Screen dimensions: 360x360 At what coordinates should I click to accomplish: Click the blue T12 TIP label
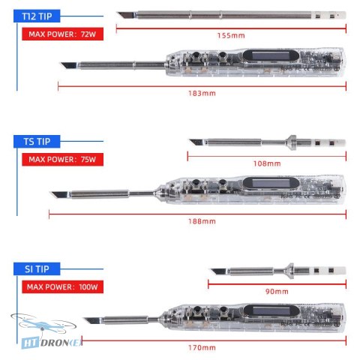[37, 16]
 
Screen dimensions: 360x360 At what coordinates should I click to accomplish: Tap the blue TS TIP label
[37, 141]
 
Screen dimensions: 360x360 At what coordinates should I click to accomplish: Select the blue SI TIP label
[37, 269]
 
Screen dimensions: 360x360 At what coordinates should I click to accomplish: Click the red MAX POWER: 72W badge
[62, 34]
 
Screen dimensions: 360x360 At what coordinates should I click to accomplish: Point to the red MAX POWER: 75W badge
[62, 159]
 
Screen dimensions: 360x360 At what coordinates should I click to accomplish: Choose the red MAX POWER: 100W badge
[62, 286]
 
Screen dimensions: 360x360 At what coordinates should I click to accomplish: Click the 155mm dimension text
[231, 35]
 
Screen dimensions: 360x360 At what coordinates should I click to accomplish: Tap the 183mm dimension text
[202, 94]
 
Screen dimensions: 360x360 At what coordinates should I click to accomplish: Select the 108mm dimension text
[267, 163]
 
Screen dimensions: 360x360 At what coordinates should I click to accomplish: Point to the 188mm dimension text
[202, 221]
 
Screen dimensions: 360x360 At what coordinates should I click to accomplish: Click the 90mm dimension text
[277, 292]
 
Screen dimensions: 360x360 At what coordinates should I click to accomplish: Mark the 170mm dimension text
[202, 347]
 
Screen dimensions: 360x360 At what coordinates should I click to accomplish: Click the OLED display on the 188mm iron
[271, 183]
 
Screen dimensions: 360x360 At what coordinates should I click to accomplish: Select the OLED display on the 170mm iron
[271, 310]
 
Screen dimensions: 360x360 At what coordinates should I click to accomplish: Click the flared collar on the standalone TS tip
[291, 142]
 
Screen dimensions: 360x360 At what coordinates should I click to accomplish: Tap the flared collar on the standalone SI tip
[290, 271]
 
